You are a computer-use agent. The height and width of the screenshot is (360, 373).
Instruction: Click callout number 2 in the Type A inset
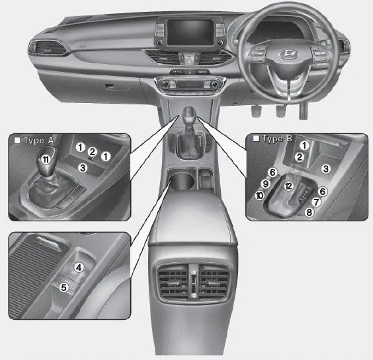click(x=93, y=153)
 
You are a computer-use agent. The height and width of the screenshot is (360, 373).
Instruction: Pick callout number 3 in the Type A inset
click(x=83, y=168)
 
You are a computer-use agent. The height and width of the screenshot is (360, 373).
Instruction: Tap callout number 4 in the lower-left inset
click(x=78, y=267)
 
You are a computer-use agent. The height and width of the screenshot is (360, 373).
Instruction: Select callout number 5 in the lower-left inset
click(x=64, y=287)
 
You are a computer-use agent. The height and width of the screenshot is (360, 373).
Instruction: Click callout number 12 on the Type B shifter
click(x=288, y=186)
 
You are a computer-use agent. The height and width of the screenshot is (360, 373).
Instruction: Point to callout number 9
click(x=265, y=184)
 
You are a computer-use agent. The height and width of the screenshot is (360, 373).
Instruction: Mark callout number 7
click(x=316, y=200)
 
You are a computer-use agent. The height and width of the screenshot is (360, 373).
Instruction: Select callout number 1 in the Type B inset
click(x=304, y=145)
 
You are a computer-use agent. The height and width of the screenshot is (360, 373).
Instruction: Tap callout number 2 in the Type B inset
click(x=300, y=157)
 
